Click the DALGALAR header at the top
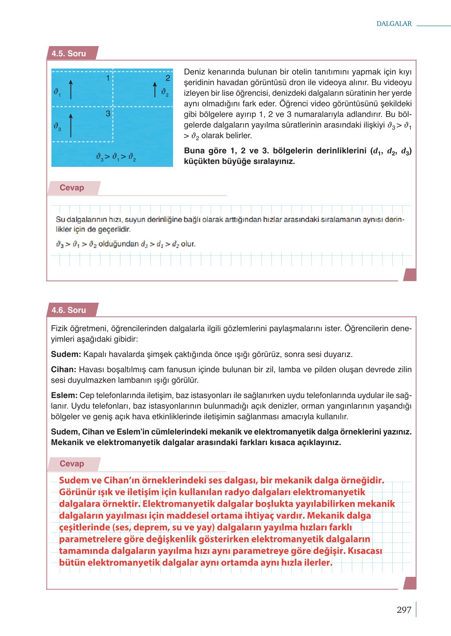(394, 24)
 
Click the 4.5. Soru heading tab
(69, 53)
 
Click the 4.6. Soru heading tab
(69, 310)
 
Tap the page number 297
(404, 609)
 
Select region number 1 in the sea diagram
(108, 78)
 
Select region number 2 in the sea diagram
(167, 78)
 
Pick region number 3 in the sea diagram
(108, 113)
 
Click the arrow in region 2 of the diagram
(155, 89)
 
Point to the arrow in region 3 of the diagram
(71, 125)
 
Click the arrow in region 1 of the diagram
(71, 89)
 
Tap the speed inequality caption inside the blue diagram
(116, 157)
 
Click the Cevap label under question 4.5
(72, 188)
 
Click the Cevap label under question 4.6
(72, 463)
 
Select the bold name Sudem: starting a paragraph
(66, 354)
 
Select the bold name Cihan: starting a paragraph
(63, 370)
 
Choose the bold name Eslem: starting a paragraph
(64, 395)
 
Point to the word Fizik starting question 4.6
(59, 328)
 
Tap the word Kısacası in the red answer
(364, 551)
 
